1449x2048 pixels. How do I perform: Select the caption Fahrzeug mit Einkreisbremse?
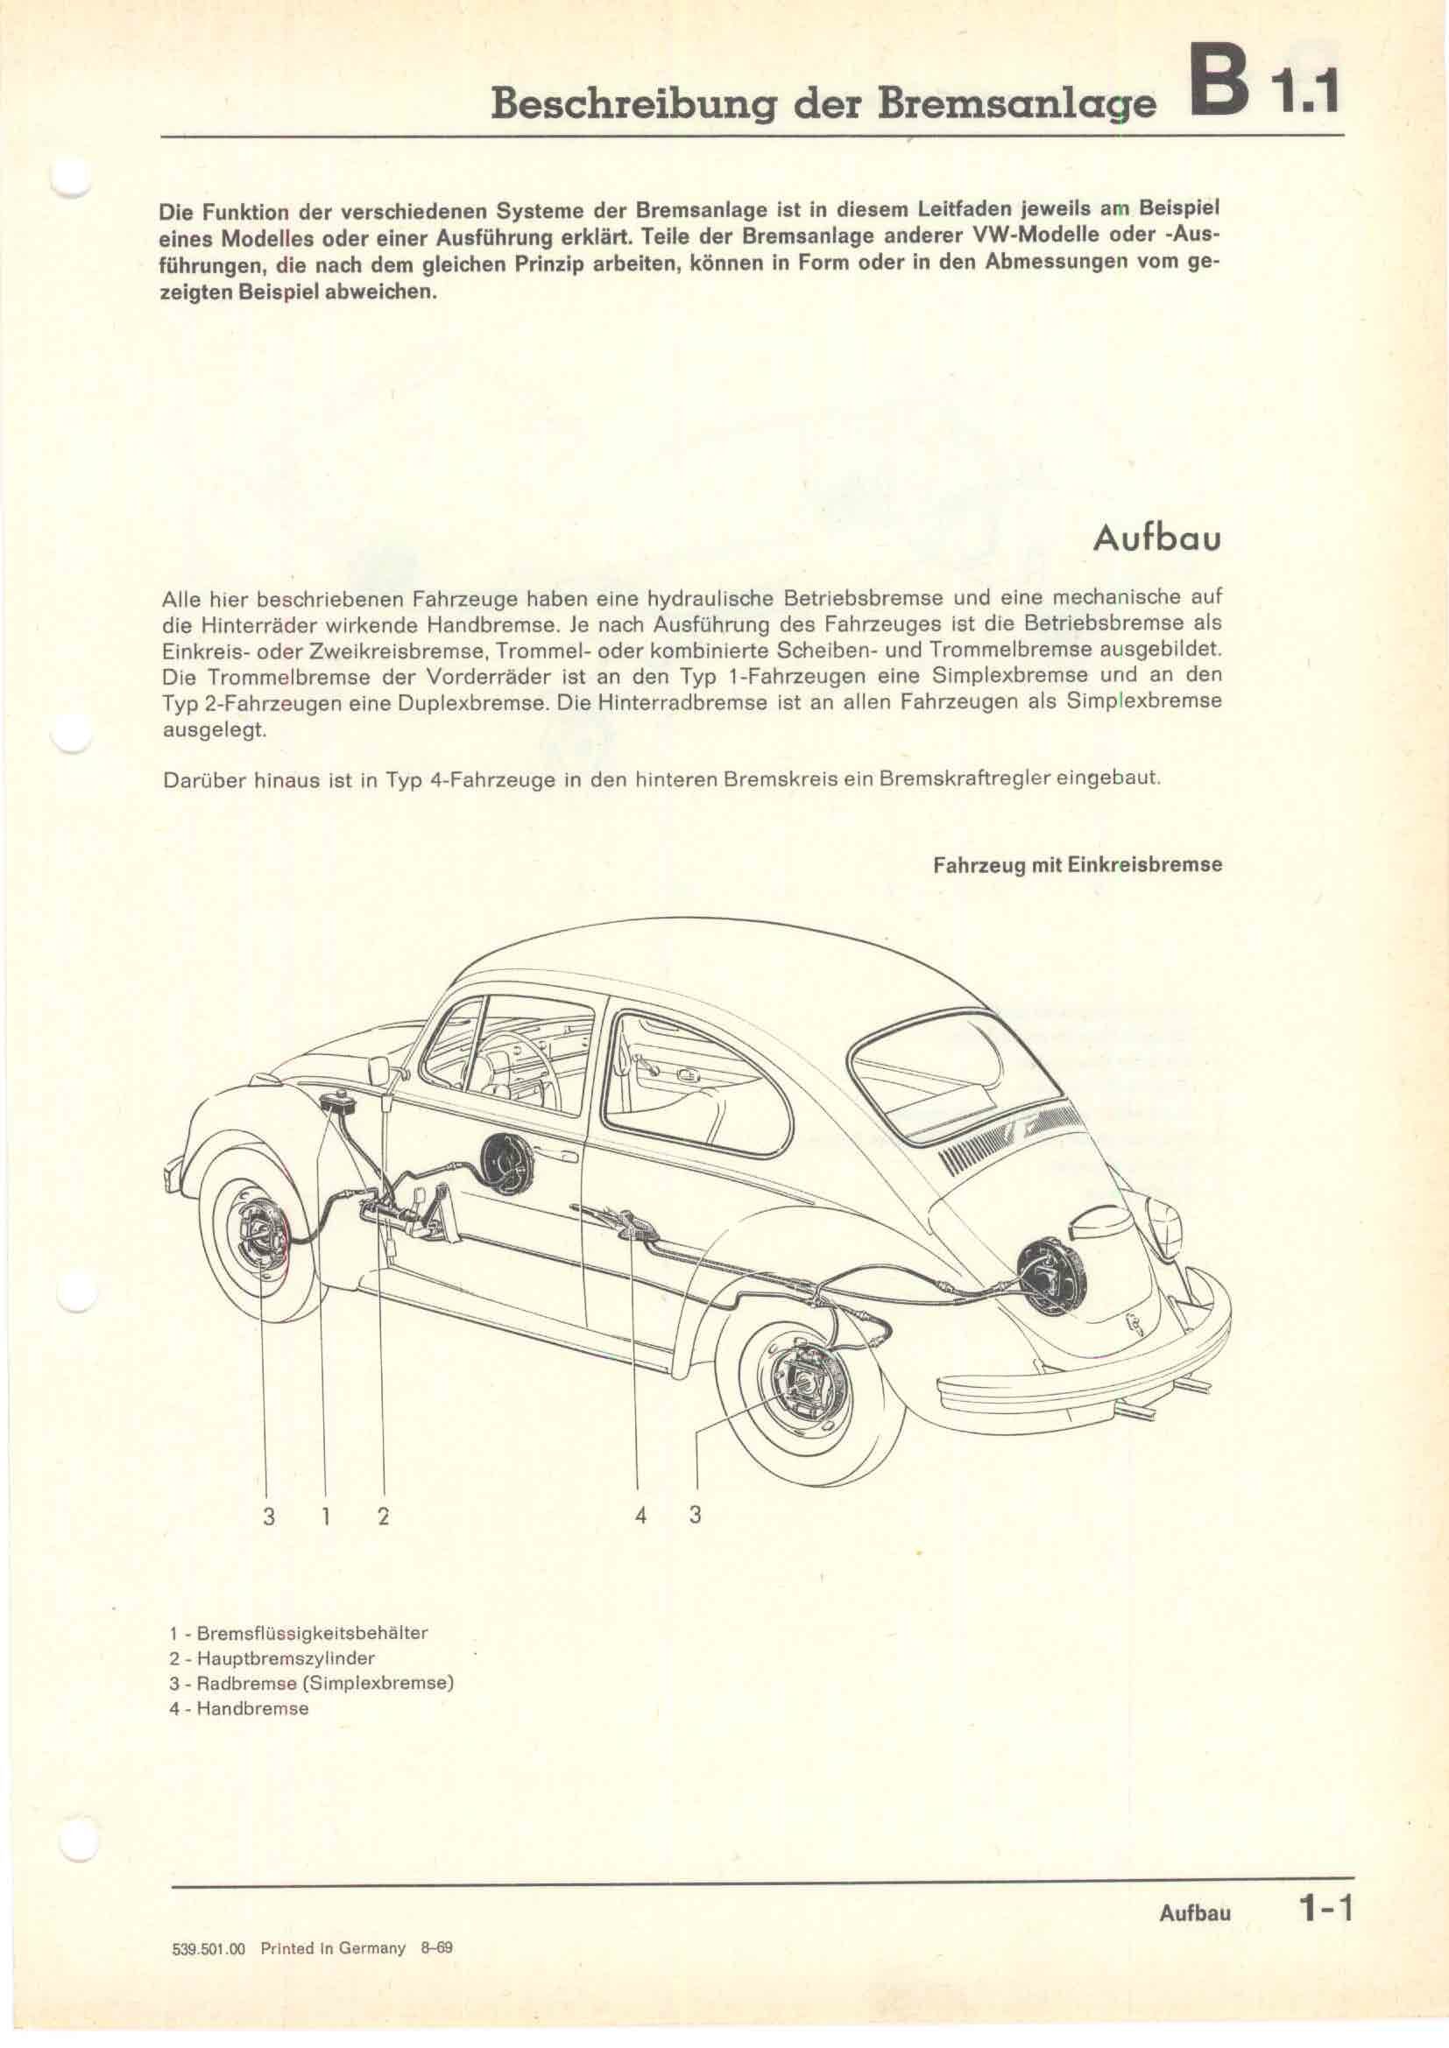1077,865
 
